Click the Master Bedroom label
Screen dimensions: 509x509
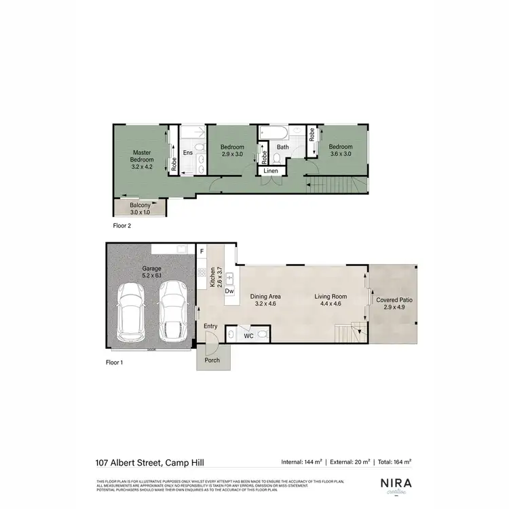tap(142, 156)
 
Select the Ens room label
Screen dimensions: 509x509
tap(188, 153)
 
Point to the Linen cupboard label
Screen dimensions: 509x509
tap(271, 171)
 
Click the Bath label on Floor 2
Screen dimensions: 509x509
tap(282, 147)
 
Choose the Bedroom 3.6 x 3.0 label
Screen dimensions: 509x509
tap(341, 150)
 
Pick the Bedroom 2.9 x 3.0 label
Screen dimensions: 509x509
tap(233, 150)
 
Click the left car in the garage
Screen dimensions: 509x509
tap(130, 313)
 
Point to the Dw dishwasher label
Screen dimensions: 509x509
tap(229, 291)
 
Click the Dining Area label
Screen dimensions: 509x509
tap(266, 300)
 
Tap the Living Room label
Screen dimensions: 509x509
tap(331, 300)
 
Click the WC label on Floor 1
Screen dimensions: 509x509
tap(248, 335)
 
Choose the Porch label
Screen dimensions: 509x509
tap(212, 360)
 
